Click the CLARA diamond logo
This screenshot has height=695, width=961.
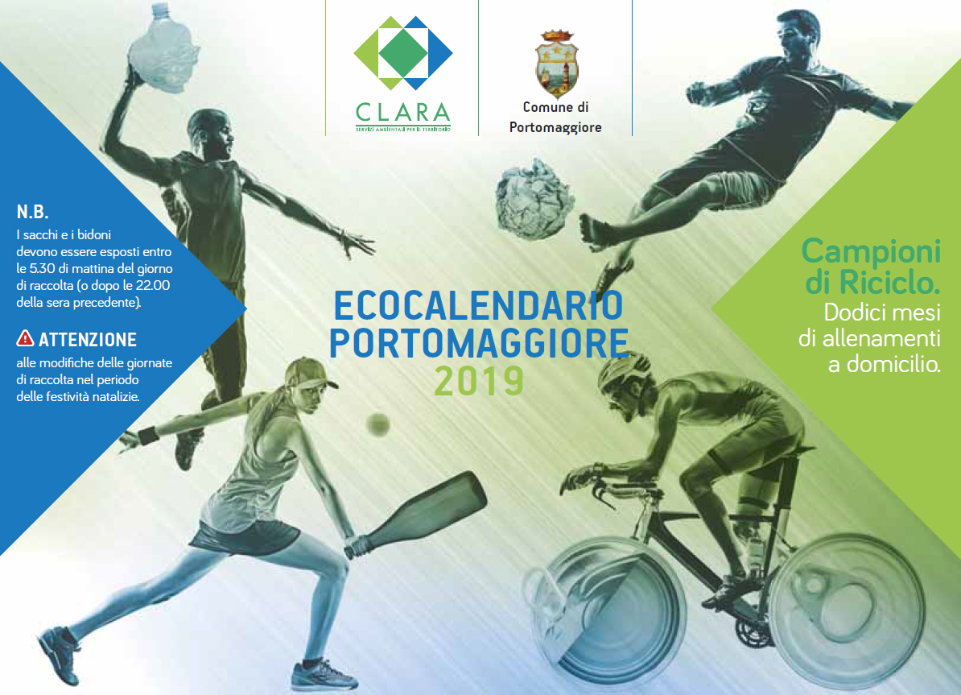pos(402,53)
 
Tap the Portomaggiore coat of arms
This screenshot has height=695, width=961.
pos(556,64)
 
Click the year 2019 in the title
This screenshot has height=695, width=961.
pos(479,380)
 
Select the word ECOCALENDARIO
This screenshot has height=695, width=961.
pos(478,305)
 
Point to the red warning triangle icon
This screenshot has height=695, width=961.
pos(25,338)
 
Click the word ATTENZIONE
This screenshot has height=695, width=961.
pos(88,339)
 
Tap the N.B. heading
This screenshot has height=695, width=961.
pos(32,213)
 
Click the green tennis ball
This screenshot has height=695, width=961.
pos(378,424)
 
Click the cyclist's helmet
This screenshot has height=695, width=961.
pos(622,370)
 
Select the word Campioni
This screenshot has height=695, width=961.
pos(871,251)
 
